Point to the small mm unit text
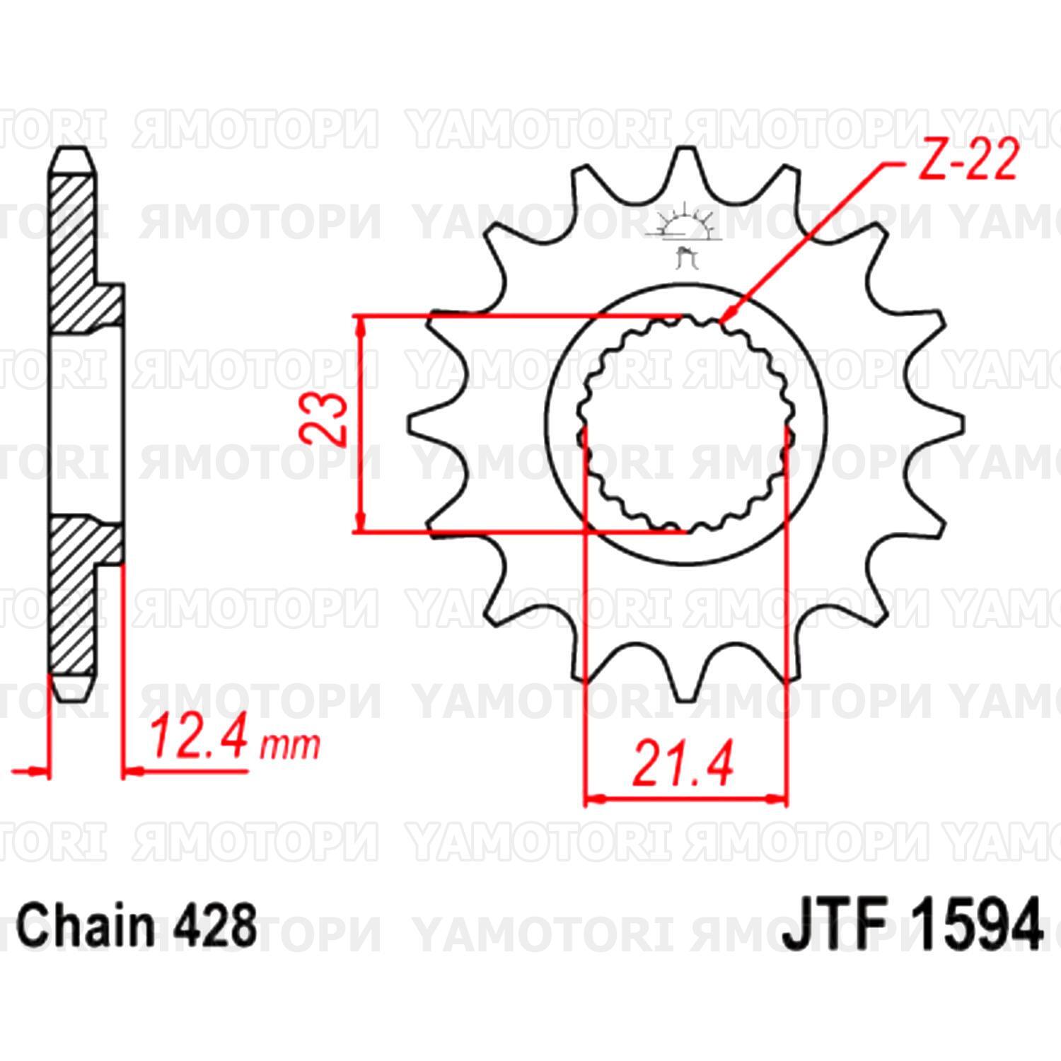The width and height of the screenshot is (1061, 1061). pyautogui.click(x=289, y=746)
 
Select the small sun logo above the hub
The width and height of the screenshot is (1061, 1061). pyautogui.click(x=683, y=225)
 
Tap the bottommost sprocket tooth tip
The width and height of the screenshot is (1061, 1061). pyautogui.click(x=683, y=700)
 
